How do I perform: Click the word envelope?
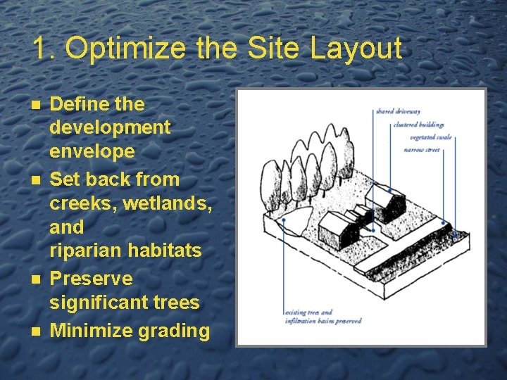[x=92, y=151]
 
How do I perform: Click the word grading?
[x=175, y=331]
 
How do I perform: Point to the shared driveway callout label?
[x=398, y=111]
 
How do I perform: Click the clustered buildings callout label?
[x=416, y=125]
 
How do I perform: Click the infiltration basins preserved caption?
[x=323, y=321]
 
